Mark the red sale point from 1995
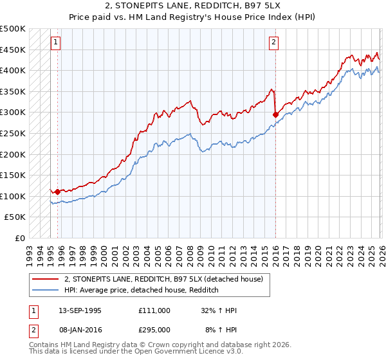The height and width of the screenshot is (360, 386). (x=57, y=191)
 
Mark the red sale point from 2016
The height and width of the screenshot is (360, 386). (x=275, y=114)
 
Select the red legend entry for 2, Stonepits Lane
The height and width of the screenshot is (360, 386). (x=163, y=280)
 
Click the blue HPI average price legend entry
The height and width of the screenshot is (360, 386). (x=142, y=291)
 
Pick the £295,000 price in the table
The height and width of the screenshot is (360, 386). (x=154, y=328)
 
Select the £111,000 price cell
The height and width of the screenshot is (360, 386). (x=154, y=310)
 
